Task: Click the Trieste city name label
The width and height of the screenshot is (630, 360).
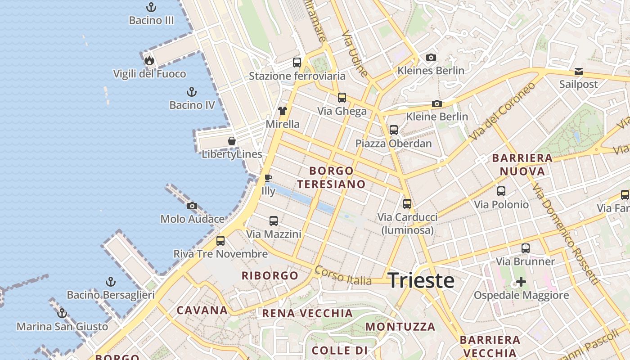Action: click(421, 280)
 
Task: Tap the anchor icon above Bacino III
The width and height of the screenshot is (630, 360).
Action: click(151, 7)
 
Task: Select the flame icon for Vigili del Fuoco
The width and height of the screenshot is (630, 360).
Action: click(149, 60)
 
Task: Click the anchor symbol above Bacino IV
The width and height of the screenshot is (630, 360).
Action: click(192, 92)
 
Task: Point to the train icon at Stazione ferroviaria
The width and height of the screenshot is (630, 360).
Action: click(297, 63)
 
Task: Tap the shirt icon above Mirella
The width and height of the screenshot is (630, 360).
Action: click(282, 111)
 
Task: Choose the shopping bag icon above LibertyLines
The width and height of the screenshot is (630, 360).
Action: click(232, 141)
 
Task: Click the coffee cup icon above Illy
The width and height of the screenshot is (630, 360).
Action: click(268, 178)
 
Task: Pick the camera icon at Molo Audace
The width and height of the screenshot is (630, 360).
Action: click(192, 206)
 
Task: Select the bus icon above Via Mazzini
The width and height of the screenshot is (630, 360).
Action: click(274, 221)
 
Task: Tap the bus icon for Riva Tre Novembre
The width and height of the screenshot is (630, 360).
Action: click(220, 240)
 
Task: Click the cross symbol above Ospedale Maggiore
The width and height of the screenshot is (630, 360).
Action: click(521, 282)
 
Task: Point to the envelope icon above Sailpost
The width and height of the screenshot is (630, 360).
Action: click(578, 72)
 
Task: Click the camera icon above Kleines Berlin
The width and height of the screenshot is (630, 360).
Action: click(431, 58)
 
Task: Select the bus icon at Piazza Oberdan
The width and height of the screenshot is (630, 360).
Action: click(394, 130)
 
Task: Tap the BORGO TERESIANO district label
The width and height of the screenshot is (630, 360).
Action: click(331, 177)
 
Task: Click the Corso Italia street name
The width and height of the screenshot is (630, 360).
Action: click(343, 275)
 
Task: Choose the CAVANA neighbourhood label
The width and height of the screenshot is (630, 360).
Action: click(202, 310)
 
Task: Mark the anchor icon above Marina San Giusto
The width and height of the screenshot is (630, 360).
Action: click(62, 313)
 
